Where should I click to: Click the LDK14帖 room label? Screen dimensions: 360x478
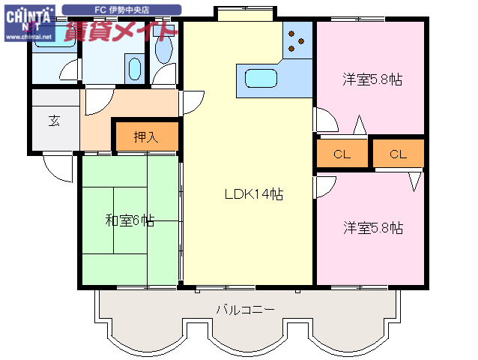(254, 193)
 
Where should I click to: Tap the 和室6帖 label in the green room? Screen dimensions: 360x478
(129, 220)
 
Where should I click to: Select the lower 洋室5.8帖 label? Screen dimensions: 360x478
(373, 227)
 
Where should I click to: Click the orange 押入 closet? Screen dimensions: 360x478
(146, 136)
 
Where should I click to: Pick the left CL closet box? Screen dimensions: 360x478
(342, 154)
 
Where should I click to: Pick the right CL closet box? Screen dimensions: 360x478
(397, 154)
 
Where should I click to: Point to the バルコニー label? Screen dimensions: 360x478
(245, 309)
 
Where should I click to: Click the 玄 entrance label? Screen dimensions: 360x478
(55, 121)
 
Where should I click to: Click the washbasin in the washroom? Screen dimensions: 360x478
(135, 69)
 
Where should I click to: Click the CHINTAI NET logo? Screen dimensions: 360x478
(28, 17)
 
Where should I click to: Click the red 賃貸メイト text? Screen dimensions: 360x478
(120, 31)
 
